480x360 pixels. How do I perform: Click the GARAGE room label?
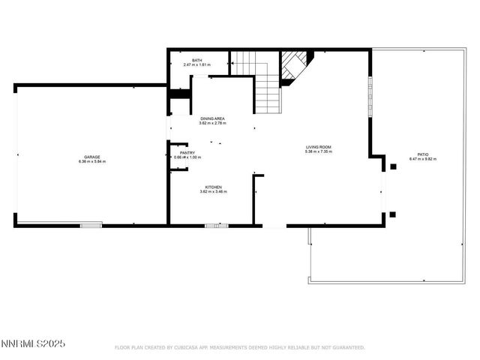click(x=92, y=157)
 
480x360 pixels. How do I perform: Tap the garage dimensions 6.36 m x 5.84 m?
click(x=92, y=162)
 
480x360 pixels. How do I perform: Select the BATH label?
click(x=196, y=60)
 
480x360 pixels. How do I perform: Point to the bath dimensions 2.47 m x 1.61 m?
click(x=196, y=65)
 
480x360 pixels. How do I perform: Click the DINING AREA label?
click(x=212, y=118)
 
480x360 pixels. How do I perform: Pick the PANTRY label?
click(x=187, y=152)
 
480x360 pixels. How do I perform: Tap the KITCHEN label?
click(x=214, y=187)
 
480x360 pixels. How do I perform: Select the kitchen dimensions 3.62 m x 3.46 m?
click(x=214, y=192)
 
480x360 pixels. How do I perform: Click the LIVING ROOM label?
click(x=318, y=147)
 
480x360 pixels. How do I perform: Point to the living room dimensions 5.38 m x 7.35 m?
click(x=318, y=152)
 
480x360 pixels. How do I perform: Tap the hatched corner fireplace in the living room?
click(x=294, y=65)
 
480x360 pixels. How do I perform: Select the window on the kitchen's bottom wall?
click(x=217, y=225)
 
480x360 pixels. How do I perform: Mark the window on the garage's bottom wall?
click(x=91, y=223)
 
